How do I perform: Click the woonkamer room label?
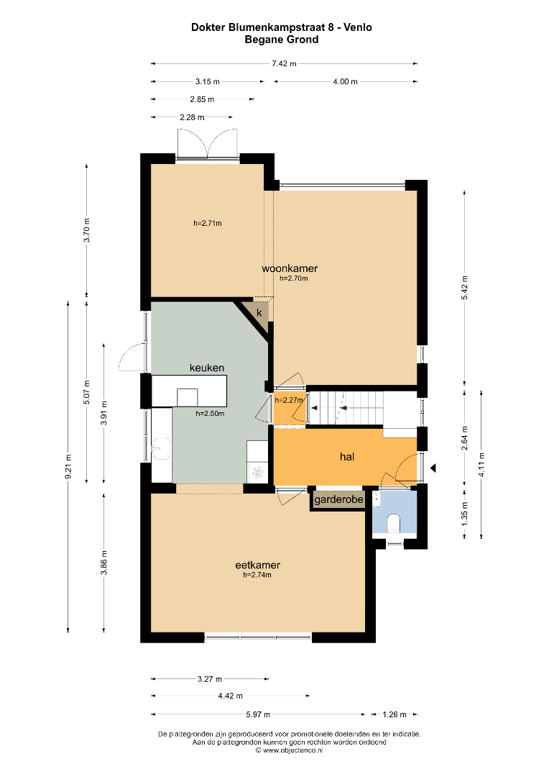point(290,268)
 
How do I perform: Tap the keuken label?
point(207,368)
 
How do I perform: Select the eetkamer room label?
point(257,565)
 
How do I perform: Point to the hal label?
point(347,456)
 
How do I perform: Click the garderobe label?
point(338,499)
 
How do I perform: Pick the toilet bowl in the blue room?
point(394,523)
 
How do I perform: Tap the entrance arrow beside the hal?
point(433,468)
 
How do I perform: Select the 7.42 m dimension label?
point(284,63)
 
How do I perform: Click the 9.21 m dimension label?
point(68,466)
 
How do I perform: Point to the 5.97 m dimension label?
point(258,714)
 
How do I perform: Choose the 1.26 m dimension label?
point(394,714)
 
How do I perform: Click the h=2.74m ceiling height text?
point(257,575)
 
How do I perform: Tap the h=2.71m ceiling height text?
point(208,223)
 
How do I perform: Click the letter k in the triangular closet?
point(259,313)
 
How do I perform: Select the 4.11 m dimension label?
point(481,465)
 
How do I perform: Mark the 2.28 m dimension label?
point(192,117)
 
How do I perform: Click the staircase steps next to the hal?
point(346,408)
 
